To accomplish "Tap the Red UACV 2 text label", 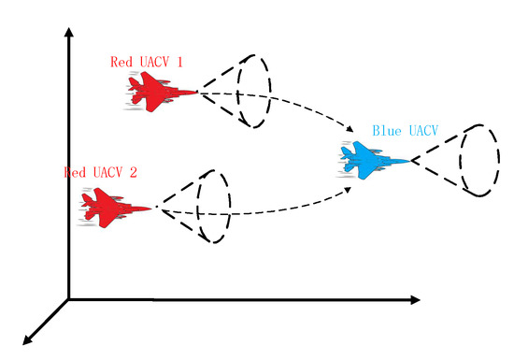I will pos(100,172).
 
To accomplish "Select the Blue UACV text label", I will pos(407,130).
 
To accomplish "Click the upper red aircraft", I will pos(159,91).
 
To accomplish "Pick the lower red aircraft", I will pos(114,207).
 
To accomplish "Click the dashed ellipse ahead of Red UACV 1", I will pos(252,92).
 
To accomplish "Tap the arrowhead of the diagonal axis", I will pos(29,338).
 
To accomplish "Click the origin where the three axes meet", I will pos(68,299).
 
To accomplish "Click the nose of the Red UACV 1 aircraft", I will pos(197,92).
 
